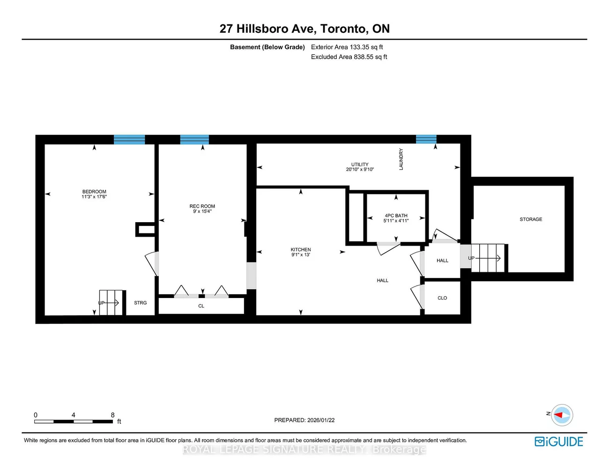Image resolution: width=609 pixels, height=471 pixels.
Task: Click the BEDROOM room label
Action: pos(94,192)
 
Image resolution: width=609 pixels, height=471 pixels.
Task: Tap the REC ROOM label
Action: pos(202,206)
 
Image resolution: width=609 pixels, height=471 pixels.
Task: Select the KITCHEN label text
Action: pos(301,250)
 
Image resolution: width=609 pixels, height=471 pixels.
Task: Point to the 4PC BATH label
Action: pos(396,216)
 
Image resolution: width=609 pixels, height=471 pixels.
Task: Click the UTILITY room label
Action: pos(360,164)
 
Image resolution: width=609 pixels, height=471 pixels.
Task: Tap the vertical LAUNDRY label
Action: pos(401,159)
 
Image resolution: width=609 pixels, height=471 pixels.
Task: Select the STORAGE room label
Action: pos(531,219)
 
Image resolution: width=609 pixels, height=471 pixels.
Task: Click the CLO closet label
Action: pos(442,298)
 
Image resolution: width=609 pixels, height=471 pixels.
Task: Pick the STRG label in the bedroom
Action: pos(140,303)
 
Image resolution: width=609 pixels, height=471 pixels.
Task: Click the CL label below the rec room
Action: pos(201,306)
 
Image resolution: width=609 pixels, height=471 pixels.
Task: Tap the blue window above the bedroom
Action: pos(129,139)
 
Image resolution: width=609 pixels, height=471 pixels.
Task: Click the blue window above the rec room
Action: pos(194,139)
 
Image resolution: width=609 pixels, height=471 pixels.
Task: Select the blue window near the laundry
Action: pos(426,139)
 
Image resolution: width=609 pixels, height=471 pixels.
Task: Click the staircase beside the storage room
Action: pos(488,258)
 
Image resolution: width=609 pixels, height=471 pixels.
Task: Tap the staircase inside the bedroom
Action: pos(111,302)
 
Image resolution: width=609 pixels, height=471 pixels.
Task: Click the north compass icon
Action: pos(561,415)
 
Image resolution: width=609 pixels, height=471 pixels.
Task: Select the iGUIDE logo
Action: pos(559,441)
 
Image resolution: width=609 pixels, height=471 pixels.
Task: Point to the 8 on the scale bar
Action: pos(113,415)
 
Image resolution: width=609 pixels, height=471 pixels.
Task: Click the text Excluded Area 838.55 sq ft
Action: pos(349,57)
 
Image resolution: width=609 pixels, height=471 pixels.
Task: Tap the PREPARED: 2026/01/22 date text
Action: pos(304,420)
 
